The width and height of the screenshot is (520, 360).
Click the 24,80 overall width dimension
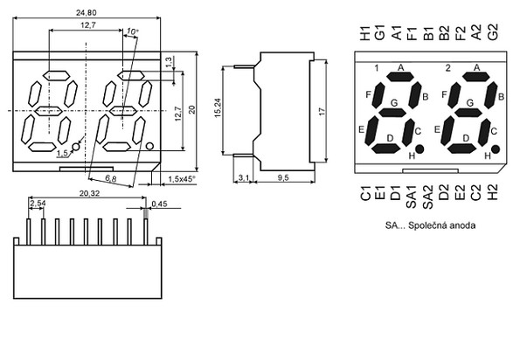[x=87, y=13]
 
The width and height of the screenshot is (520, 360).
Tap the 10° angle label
[x=133, y=31]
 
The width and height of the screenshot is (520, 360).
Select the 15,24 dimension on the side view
[x=218, y=108]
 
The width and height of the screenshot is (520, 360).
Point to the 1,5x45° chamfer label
[x=182, y=179]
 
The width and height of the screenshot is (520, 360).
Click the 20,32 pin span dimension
[x=89, y=193]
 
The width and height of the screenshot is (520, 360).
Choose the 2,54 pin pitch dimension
[x=37, y=204]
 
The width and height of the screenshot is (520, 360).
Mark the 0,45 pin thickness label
[x=160, y=204]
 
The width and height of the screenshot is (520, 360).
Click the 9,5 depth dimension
[x=283, y=178]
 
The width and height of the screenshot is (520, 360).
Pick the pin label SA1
[x=411, y=197]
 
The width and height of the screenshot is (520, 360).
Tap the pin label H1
[x=364, y=33]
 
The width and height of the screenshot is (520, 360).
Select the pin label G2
[x=493, y=32]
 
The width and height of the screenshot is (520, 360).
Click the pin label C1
[x=364, y=193]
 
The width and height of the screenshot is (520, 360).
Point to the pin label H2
[x=493, y=193]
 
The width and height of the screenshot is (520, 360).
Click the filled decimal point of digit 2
[x=496, y=149]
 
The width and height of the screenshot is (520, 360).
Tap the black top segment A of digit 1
[x=400, y=77]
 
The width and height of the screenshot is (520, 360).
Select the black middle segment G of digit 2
[x=468, y=113]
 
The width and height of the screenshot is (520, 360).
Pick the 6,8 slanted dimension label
[x=111, y=178]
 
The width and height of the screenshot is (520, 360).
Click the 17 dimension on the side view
[x=322, y=111]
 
